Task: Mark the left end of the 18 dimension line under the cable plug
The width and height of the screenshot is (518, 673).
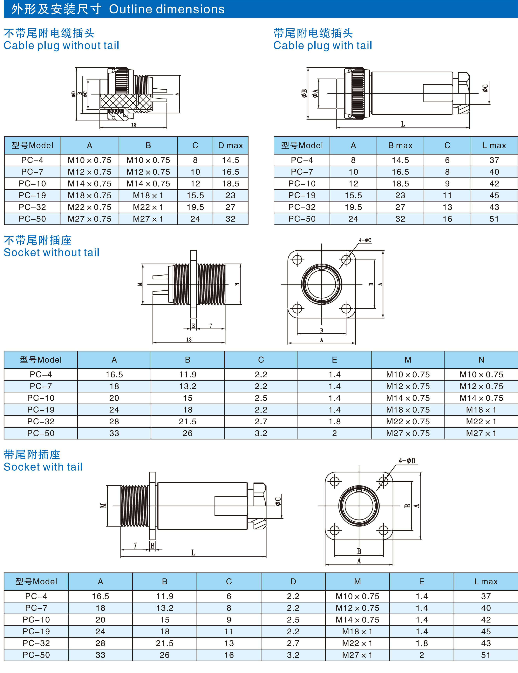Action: [x=100, y=128]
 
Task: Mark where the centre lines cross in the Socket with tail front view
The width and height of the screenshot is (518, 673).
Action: [x=359, y=506]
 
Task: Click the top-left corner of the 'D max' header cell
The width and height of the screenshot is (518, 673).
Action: [x=213, y=137]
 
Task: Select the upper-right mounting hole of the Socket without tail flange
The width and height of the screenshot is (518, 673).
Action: [x=346, y=259]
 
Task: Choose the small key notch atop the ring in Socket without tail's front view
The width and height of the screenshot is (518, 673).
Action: [x=321, y=269]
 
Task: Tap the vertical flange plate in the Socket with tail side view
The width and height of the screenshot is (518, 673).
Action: [x=152, y=506]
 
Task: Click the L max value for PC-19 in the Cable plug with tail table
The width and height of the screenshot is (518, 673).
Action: [x=494, y=195]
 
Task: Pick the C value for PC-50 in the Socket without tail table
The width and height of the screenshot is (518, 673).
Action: [x=261, y=433]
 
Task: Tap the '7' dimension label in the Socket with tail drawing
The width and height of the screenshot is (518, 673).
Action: [x=135, y=545]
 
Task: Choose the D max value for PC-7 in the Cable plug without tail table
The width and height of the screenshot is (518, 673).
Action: [x=230, y=172]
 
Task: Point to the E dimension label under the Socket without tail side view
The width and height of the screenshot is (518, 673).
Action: [x=193, y=326]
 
